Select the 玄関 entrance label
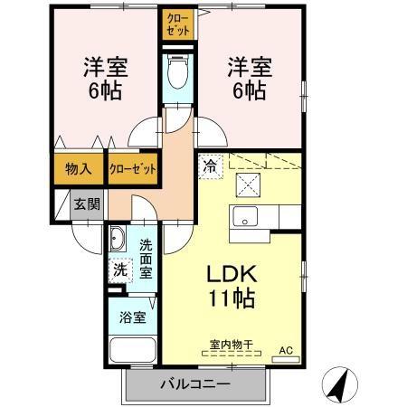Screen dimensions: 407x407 [x=88, y=203]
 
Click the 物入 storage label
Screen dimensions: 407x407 [x=78, y=168]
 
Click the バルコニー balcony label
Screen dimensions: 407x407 [x=196, y=384]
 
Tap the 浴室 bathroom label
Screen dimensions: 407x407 [x=132, y=317]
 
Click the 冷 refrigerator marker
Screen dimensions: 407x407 [x=210, y=166]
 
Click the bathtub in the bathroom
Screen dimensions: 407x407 [x=131, y=353]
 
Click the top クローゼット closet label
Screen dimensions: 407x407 [x=176, y=24]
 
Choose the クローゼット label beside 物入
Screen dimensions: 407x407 [x=132, y=169]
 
